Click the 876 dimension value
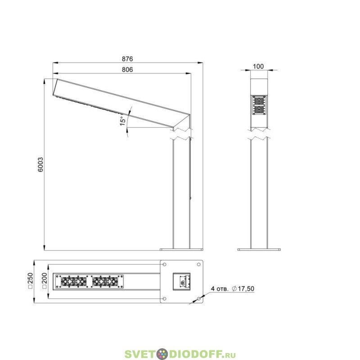pos(127,59)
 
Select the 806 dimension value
pos(127,70)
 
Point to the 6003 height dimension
pos(40,164)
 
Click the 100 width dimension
pos(258,66)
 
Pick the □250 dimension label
pos(30,281)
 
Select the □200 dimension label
pos(44,281)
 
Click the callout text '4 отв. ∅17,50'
pos(232,288)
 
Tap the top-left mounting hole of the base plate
pos(164,265)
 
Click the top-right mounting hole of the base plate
pos(199,265)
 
